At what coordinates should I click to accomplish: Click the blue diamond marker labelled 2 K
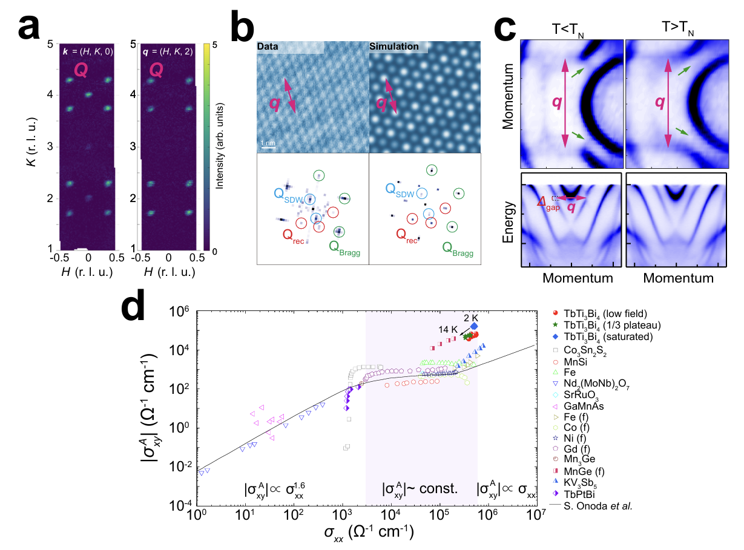click(x=474, y=326)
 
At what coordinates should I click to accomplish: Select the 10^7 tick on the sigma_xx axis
click(x=535, y=514)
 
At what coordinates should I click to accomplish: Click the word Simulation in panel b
click(x=394, y=47)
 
